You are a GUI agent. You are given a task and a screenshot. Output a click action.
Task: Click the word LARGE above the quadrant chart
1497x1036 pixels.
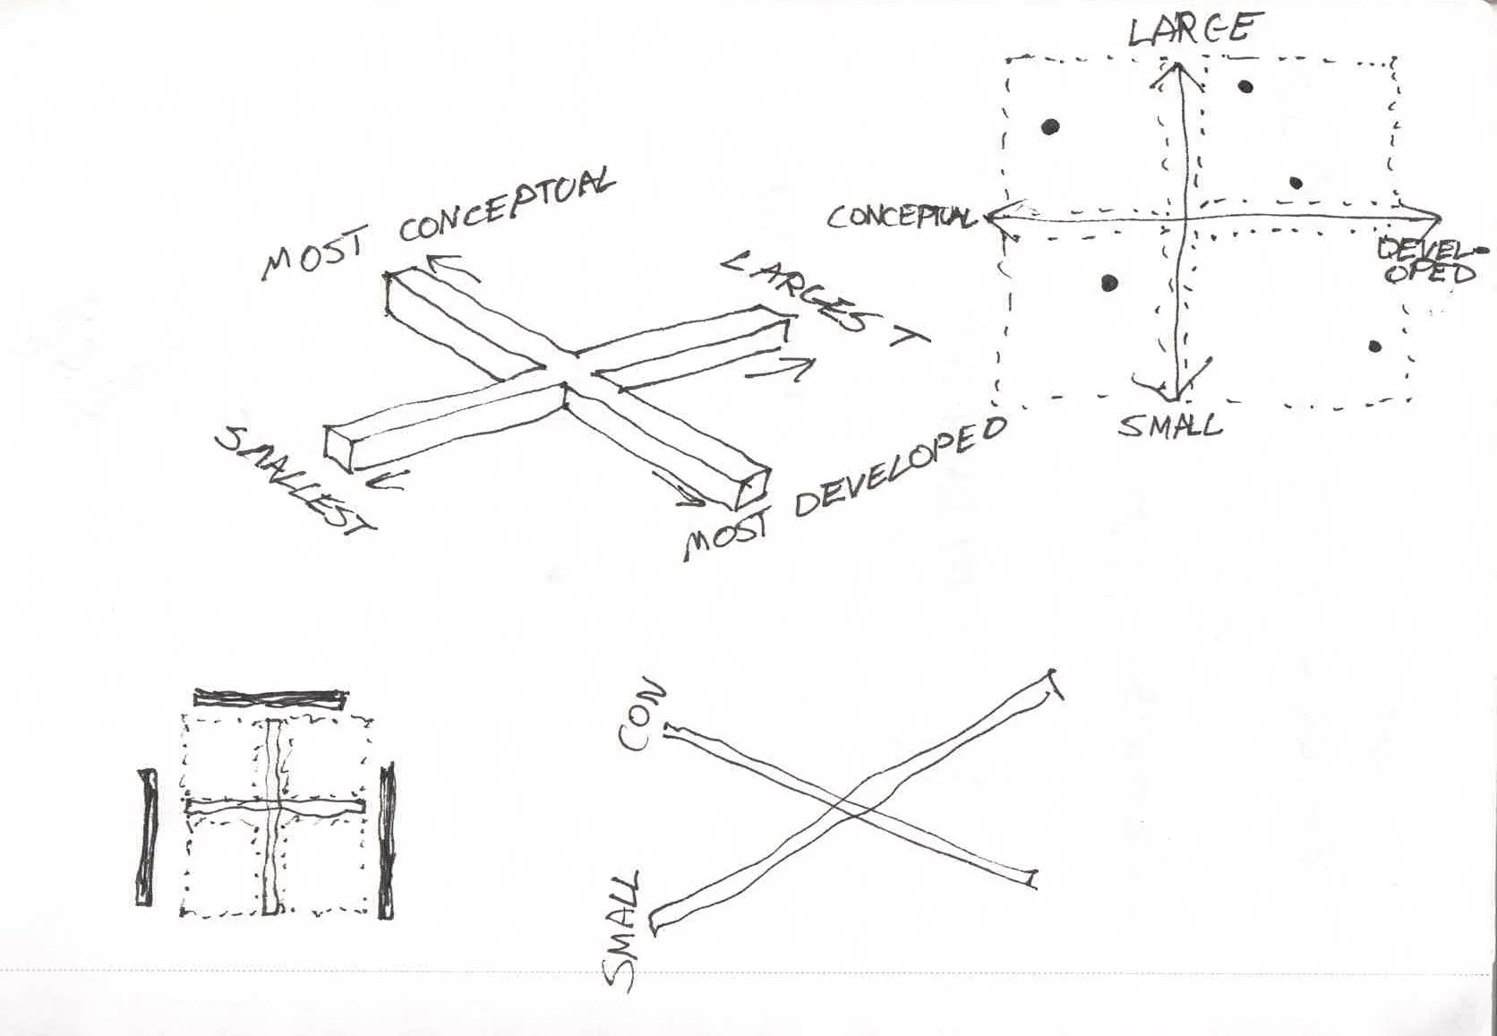point(1189,30)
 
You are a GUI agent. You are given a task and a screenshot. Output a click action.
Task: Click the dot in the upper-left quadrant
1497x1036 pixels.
point(1051,126)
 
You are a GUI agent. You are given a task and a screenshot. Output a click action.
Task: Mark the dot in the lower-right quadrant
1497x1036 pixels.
point(1375,347)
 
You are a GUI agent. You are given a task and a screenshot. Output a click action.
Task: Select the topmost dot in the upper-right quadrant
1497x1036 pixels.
point(1245,87)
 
